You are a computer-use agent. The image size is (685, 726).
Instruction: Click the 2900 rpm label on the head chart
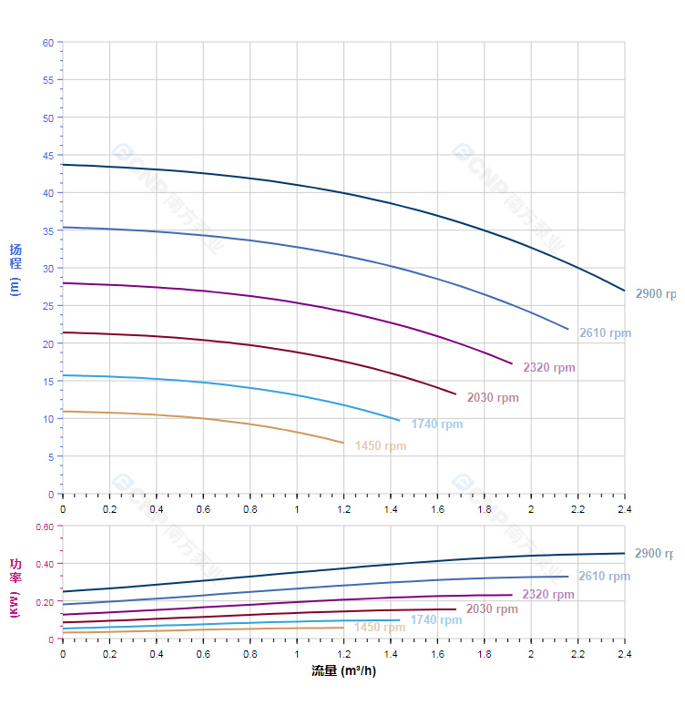click(655, 294)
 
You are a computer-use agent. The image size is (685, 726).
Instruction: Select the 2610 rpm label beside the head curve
click(605, 333)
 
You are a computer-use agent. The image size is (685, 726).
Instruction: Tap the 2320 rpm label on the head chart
click(548, 368)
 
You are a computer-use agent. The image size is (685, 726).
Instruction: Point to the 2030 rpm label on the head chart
click(493, 398)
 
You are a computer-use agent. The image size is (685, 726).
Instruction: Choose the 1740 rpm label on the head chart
click(436, 424)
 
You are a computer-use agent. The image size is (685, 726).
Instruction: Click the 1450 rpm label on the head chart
click(381, 446)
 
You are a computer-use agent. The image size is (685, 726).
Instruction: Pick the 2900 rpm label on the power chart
click(653, 554)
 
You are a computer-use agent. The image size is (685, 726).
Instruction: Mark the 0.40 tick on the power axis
click(45, 564)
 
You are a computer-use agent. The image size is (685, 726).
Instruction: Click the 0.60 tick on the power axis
click(45, 527)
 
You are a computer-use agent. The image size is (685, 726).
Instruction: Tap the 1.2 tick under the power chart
click(343, 653)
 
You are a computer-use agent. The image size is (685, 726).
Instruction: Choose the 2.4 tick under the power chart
click(625, 653)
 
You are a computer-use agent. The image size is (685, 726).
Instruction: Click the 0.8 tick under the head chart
click(250, 508)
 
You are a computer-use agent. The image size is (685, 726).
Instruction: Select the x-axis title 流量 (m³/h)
click(343, 671)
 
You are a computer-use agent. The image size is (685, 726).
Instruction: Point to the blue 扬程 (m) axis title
click(15, 269)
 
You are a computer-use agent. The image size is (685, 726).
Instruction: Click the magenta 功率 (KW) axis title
click(15, 588)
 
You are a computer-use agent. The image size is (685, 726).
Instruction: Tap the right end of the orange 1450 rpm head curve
click(343, 443)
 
